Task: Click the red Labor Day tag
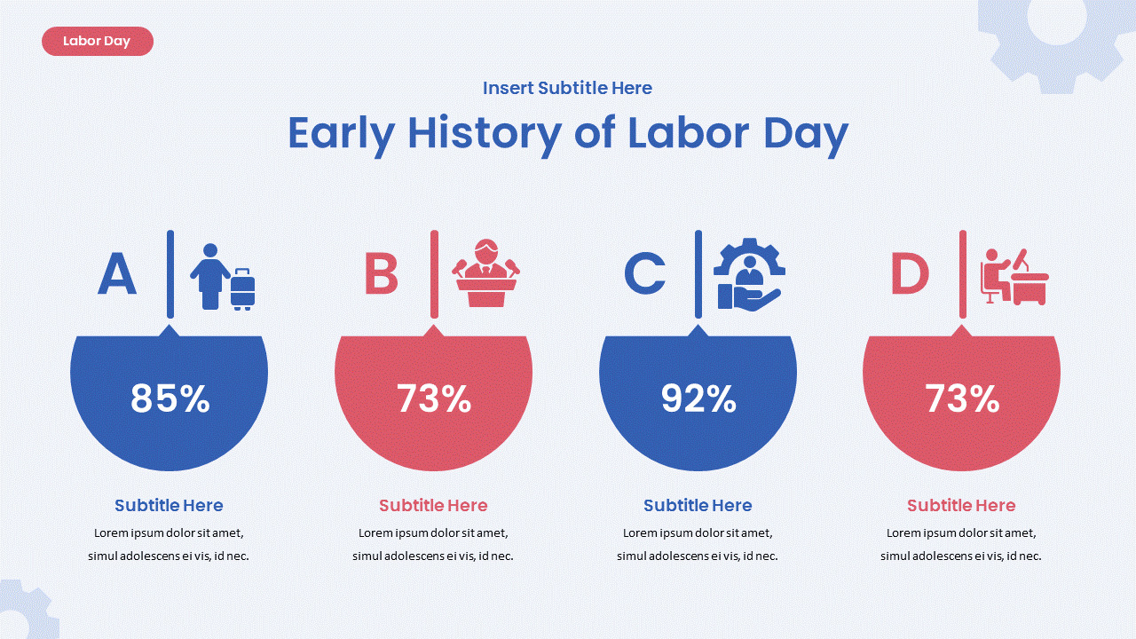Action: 97,42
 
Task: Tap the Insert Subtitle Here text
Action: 567,88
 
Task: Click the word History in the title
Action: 484,133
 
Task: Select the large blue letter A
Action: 117,274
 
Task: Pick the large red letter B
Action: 382,274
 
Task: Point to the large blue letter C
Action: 644,274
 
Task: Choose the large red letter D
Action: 910,274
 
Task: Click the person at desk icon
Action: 1014,276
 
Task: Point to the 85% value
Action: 170,399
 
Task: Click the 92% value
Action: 698,399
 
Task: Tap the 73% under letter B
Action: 433,399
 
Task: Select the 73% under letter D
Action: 962,399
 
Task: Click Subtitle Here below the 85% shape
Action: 169,506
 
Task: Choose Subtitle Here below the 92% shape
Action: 698,506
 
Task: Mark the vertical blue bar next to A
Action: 170,273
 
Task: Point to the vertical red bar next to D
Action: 963,273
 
